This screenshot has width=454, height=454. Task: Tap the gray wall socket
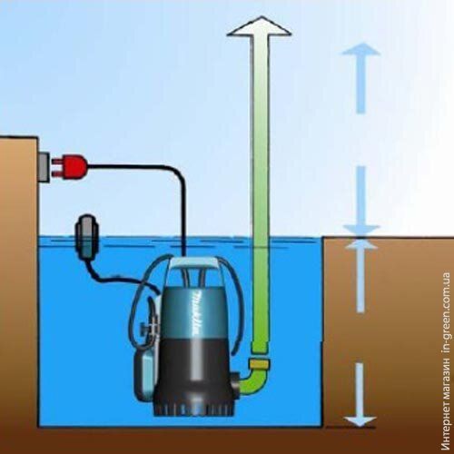tap(44, 167)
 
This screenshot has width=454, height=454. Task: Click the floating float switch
tap(87, 237)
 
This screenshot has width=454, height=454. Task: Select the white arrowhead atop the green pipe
tap(260, 27)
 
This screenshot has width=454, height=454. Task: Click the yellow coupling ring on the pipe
tap(259, 364)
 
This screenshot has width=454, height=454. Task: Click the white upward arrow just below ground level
tap(360, 276)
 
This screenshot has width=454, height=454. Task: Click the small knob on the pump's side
tap(143, 327)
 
